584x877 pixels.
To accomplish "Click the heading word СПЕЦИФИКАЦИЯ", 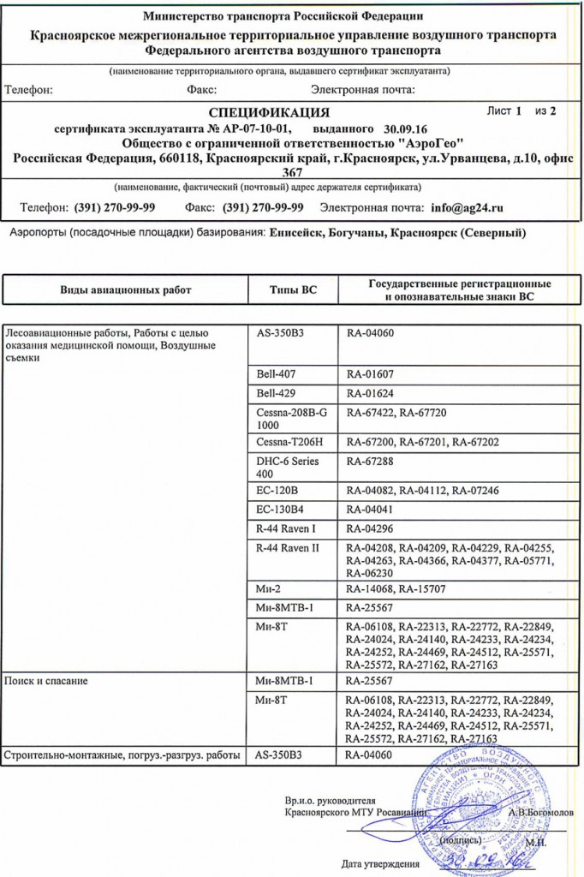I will click(270, 112).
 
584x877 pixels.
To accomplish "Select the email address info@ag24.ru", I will click(467, 208).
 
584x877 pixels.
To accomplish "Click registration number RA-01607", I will click(370, 374).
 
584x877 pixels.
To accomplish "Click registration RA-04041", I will click(370, 509).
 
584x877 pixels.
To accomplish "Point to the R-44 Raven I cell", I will click(286, 528).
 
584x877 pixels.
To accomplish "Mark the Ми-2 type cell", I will click(270, 589).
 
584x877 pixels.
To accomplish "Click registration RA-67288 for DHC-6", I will click(370, 462).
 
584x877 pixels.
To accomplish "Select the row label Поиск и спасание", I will click(47, 681).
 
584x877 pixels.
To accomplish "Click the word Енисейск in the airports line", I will click(297, 233).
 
